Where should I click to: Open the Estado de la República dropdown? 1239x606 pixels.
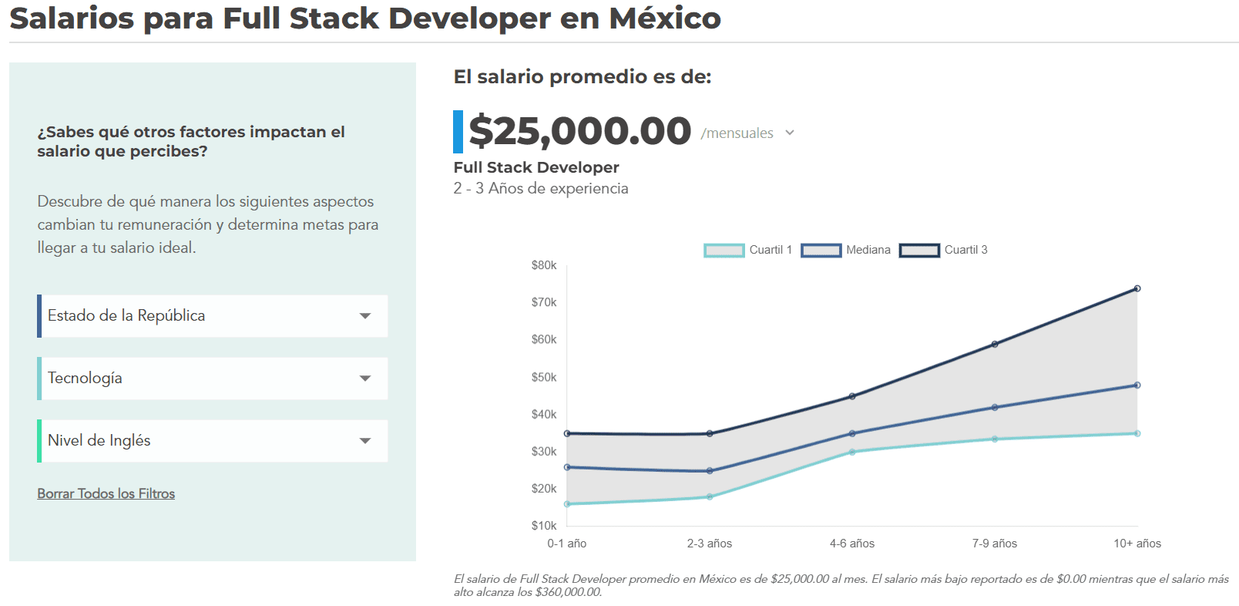(213, 316)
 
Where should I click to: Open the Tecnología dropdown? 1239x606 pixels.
(213, 379)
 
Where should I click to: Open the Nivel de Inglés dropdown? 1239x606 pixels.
(213, 441)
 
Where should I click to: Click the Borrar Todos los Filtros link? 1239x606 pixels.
(106, 493)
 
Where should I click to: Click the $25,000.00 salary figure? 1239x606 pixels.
(579, 131)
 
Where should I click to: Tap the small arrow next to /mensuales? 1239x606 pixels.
(790, 133)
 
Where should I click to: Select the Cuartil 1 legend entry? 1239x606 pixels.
(748, 250)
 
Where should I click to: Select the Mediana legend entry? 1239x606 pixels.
(846, 250)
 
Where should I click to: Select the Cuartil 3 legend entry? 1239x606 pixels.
(944, 250)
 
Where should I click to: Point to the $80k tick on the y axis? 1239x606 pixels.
(544, 265)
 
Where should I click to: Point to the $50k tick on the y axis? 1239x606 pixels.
(544, 377)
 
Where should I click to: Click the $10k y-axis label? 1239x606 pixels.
(544, 526)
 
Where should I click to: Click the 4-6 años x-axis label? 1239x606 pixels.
(852, 544)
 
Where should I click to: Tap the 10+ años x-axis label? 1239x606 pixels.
(1137, 544)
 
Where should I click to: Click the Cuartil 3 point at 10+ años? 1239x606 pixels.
(1137, 288)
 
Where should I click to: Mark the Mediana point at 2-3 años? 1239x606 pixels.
(710, 471)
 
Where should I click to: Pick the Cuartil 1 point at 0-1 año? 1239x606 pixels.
(567, 504)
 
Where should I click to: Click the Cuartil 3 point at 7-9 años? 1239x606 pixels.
(995, 344)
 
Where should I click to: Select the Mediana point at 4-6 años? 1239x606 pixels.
(852, 433)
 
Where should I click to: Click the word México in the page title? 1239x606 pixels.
(665, 19)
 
